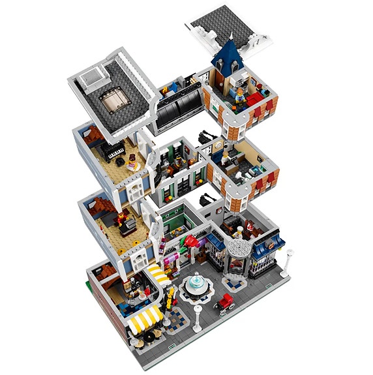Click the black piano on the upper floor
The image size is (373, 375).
point(115,154)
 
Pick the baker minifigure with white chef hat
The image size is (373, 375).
point(243,229)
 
